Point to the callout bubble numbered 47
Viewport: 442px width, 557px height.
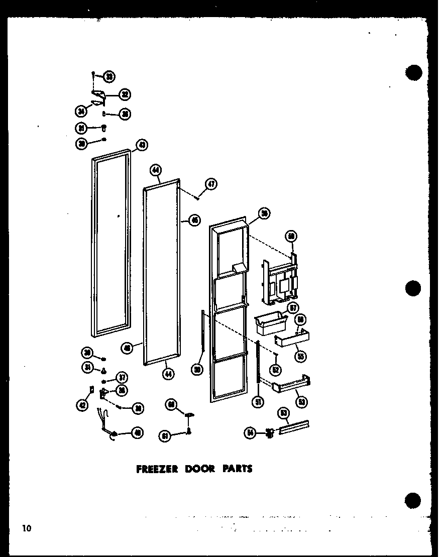click(211, 184)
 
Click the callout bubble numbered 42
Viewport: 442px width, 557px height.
click(82, 406)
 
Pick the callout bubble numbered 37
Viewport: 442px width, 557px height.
click(122, 377)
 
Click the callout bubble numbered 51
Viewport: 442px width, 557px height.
click(259, 401)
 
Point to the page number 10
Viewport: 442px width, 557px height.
click(26, 528)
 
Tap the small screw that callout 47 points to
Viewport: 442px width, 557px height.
click(198, 198)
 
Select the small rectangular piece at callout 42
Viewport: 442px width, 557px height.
click(91, 389)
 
